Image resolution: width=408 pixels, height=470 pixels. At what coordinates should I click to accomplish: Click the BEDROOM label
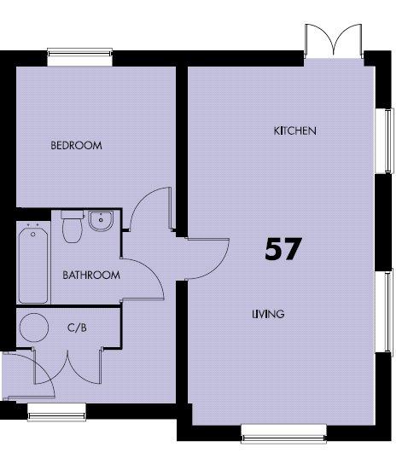pyautogui.click(x=76, y=145)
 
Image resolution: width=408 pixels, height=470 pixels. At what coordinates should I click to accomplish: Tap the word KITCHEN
pyautogui.click(x=294, y=131)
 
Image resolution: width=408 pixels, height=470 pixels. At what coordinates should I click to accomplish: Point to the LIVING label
pyautogui.click(x=268, y=314)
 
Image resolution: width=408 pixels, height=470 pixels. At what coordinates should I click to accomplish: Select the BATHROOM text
pyautogui.click(x=91, y=275)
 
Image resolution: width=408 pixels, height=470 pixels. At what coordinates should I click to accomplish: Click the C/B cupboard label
pyautogui.click(x=77, y=328)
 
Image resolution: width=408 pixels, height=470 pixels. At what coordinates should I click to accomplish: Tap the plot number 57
pyautogui.click(x=283, y=249)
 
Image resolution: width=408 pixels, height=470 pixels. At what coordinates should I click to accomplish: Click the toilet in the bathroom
pyautogui.click(x=72, y=226)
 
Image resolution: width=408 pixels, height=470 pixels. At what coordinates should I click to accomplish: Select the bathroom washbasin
pyautogui.click(x=101, y=221)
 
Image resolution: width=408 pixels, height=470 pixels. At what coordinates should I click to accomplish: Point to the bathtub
pyautogui.click(x=33, y=265)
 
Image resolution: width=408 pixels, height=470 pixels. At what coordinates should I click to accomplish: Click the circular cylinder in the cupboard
pyautogui.click(x=34, y=328)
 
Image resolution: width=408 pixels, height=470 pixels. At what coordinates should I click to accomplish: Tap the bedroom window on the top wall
pyautogui.click(x=79, y=57)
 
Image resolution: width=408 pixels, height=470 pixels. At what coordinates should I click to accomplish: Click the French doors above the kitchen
pyautogui.click(x=333, y=41)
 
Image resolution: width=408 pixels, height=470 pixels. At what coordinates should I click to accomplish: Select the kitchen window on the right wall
pyautogui.click(x=385, y=141)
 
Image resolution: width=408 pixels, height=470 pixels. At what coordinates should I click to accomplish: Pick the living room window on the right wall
pyautogui.click(x=384, y=312)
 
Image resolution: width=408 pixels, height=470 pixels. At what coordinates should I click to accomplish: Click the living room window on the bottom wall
pyautogui.click(x=283, y=433)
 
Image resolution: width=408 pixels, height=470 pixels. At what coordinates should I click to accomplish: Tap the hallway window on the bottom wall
pyautogui.click(x=56, y=412)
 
